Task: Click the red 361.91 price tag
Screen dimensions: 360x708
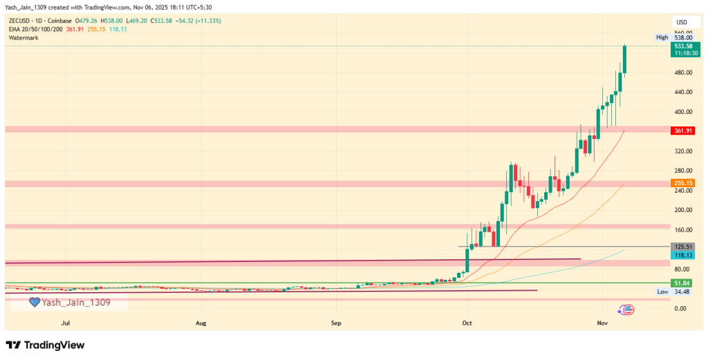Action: coord(682,130)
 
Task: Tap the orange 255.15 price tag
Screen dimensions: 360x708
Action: coord(682,183)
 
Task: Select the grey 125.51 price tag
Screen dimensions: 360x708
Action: coord(682,247)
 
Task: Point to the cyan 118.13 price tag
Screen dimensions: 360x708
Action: coord(682,255)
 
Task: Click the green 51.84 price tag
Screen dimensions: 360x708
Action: coord(682,283)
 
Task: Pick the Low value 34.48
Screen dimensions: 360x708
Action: coord(682,292)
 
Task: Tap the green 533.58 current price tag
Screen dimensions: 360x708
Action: coord(682,46)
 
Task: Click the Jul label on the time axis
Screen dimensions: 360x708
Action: coord(66,323)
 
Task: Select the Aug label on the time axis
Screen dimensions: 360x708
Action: coord(201,323)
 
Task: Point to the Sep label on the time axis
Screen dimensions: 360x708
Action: coord(336,323)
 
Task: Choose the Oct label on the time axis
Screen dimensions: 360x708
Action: coord(467,323)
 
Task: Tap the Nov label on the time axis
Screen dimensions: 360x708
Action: coord(602,323)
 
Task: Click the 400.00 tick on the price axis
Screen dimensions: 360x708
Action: coord(681,112)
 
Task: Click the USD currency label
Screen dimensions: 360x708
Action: coord(682,22)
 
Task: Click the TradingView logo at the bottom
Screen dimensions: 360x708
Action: coord(45,345)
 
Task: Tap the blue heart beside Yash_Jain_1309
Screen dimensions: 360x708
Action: coord(34,302)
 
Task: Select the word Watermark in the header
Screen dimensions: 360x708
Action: coord(23,38)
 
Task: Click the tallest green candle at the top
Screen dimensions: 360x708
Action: coord(625,59)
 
